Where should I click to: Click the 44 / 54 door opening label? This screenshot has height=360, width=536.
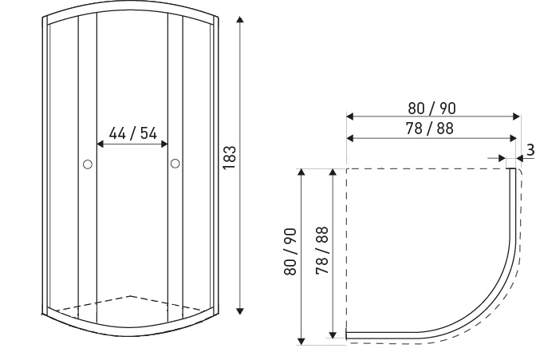coord(133,133)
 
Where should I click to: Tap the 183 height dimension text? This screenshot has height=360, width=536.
coord(230,157)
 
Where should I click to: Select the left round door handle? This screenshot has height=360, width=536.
coord(88,164)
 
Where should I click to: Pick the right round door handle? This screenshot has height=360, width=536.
coord(175,164)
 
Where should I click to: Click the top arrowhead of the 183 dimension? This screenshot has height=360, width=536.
coord(240,19)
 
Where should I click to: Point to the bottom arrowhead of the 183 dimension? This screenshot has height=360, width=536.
coord(240,311)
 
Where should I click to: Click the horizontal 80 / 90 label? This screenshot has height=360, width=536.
coord(432,108)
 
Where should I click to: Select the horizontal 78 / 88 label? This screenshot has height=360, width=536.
coord(429,129)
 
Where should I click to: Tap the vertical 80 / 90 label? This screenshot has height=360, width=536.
coord(290,251)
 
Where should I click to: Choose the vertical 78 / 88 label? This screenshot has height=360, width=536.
coord(322,251)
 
